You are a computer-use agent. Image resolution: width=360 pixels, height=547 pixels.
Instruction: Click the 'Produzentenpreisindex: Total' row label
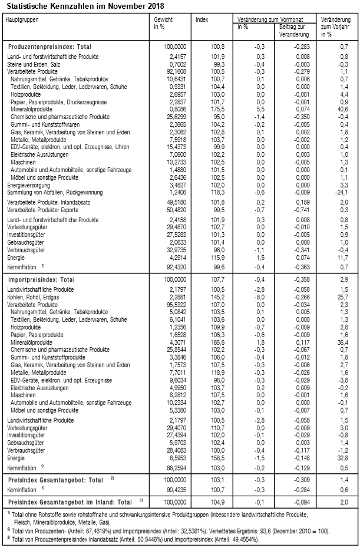[x=50, y=46]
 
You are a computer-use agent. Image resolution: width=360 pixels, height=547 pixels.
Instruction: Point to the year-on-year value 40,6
[x=339, y=110]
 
